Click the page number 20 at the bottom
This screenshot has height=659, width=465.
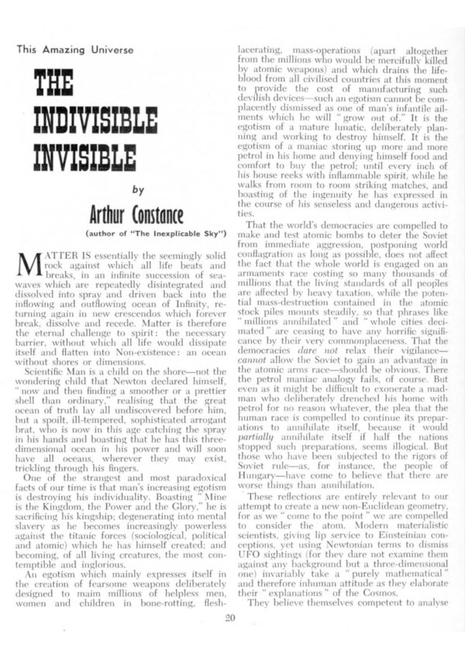click(x=230, y=617)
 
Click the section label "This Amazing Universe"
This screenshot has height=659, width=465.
click(x=76, y=50)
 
